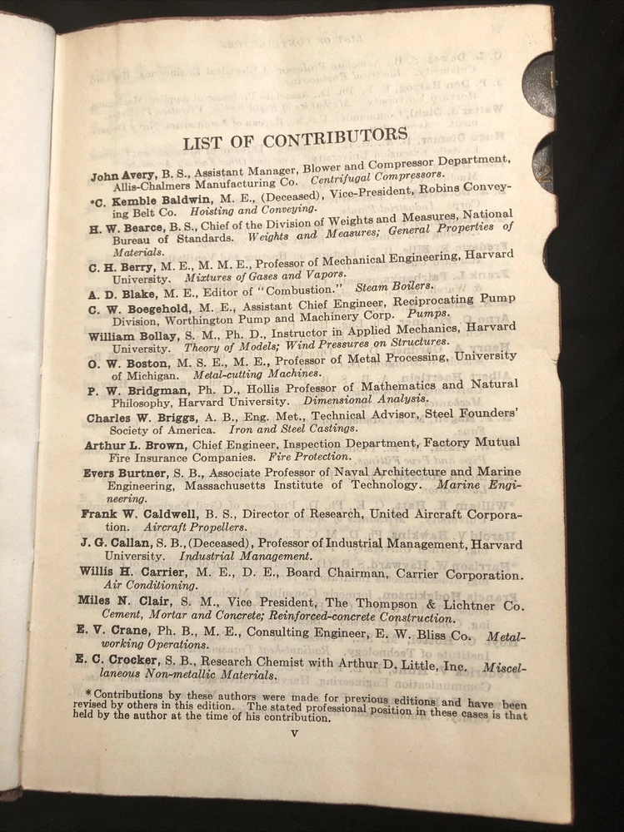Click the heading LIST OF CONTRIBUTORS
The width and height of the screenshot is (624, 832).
(295, 138)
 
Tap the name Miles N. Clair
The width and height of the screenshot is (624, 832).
(122, 601)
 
